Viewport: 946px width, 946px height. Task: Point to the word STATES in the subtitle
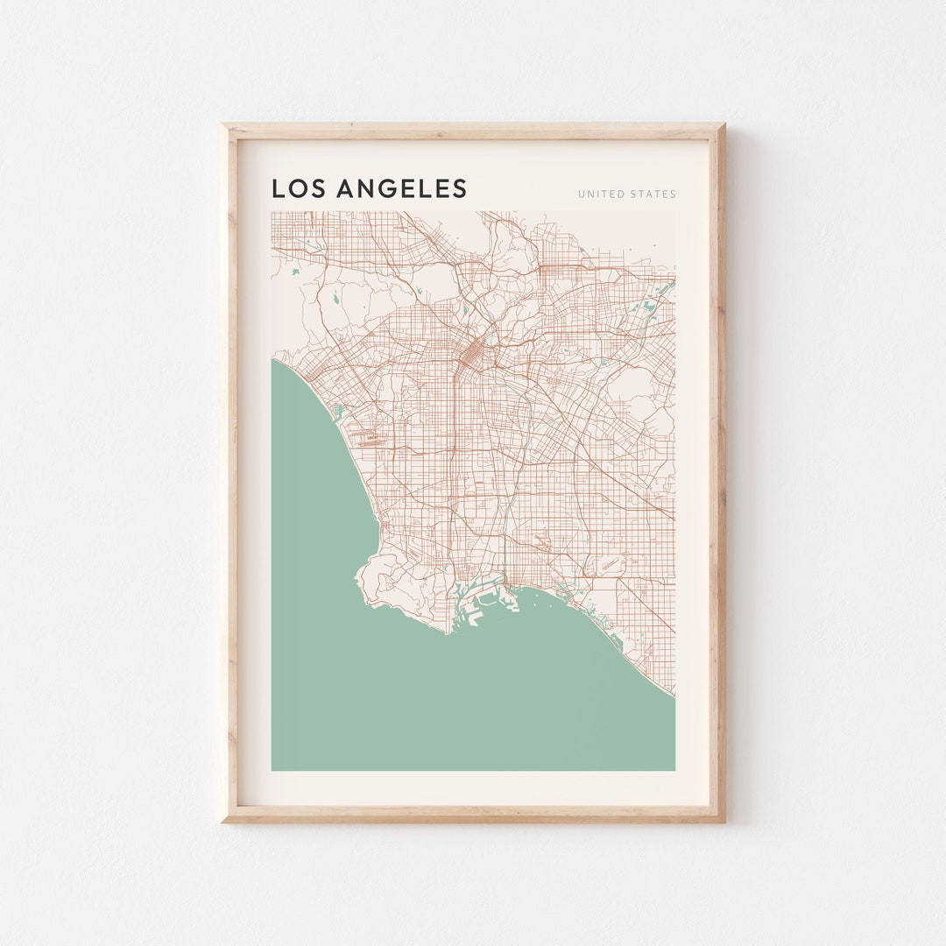click(x=653, y=194)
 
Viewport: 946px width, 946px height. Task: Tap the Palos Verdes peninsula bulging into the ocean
click(x=394, y=582)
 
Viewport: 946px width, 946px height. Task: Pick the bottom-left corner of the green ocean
click(x=272, y=770)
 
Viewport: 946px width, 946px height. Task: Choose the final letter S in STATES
click(x=673, y=194)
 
